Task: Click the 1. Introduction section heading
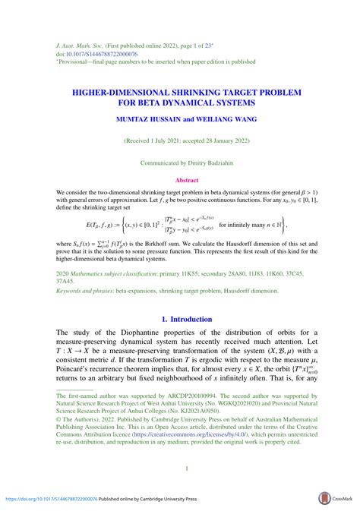(x=179, y=319)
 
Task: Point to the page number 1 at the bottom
(x=179, y=468)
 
